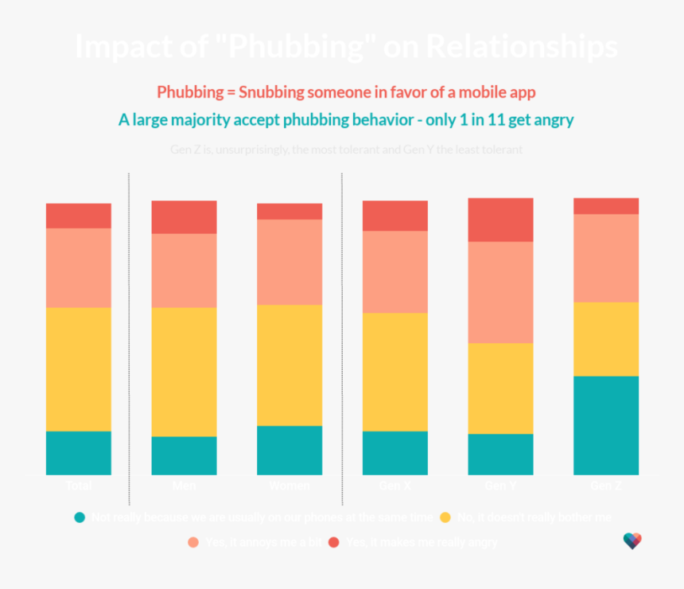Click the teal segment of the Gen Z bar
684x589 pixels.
606,425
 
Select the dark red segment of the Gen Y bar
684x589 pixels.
500,220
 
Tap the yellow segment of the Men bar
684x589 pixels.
184,372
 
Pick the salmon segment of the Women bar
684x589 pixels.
290,262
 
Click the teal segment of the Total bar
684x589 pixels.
78,453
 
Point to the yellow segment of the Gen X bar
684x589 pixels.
395,372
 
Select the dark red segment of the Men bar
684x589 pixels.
184,216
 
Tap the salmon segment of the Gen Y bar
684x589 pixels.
500,292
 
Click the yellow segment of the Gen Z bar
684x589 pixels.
606,338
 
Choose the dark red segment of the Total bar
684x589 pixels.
78,216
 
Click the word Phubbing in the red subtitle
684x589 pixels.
189,92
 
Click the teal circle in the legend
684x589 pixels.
80,517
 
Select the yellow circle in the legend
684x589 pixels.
445,517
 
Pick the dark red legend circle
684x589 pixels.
334,542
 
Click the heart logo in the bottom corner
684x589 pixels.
632,541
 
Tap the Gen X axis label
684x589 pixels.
395,486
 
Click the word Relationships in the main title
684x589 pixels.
522,46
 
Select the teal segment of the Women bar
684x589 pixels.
290,451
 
